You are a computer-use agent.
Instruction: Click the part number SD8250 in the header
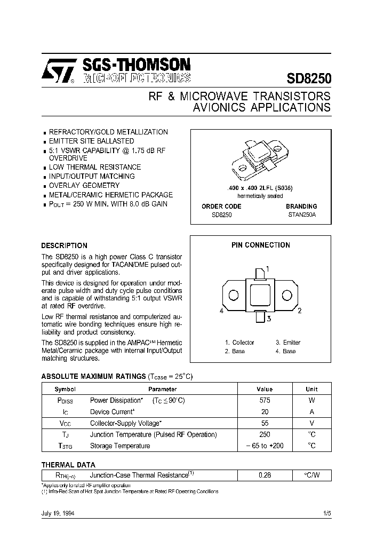click(x=309, y=78)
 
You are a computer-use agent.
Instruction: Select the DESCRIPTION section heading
click(x=64, y=245)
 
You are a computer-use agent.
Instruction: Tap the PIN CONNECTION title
click(x=261, y=245)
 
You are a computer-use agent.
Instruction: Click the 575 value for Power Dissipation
click(x=265, y=400)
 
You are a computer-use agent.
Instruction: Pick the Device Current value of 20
click(x=265, y=411)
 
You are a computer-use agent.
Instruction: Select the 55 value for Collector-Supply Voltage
click(x=265, y=423)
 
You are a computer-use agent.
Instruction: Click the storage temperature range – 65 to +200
click(x=265, y=446)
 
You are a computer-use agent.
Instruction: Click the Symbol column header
click(x=66, y=389)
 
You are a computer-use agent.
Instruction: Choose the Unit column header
click(x=311, y=389)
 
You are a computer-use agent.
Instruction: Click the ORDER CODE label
click(x=221, y=206)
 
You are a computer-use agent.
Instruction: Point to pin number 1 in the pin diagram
click(x=267, y=268)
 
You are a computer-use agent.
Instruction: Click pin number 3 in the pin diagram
click(x=270, y=319)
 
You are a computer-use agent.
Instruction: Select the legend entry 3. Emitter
click(x=288, y=343)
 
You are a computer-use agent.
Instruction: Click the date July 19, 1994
click(x=58, y=513)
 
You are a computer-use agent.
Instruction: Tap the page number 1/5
click(x=326, y=513)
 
